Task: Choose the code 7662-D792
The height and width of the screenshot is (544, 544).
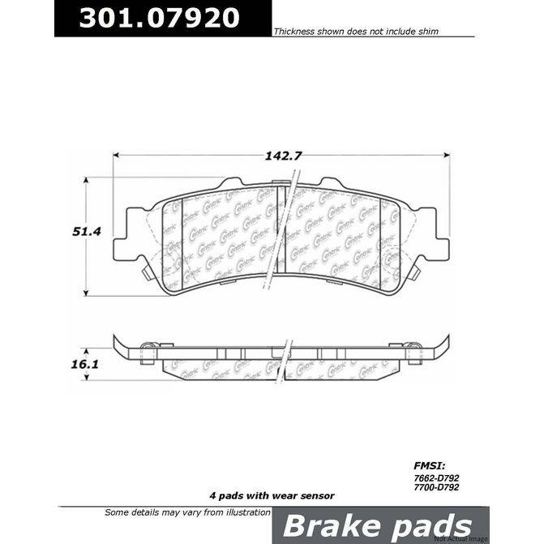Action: click(429, 478)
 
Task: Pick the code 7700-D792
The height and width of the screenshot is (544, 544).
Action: click(429, 489)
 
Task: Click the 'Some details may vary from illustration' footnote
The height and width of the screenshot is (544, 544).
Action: click(187, 512)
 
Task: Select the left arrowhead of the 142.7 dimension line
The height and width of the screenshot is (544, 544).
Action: click(116, 153)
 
